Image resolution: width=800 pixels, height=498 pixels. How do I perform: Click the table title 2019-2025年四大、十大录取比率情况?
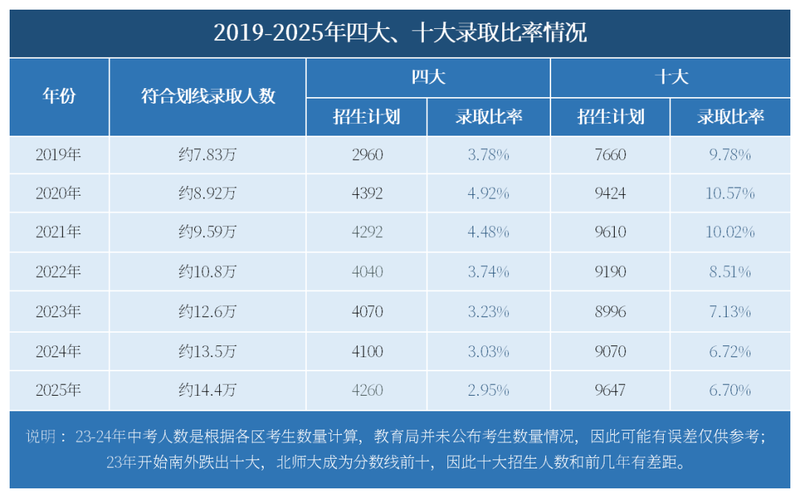400,33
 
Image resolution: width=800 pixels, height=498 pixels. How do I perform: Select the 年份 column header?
59,96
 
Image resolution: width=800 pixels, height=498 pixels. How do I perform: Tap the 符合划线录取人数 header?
208,96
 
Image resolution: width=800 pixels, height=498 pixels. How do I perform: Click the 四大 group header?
428,77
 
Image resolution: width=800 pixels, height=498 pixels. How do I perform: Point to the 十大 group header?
671,77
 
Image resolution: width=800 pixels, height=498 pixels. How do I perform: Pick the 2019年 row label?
59,155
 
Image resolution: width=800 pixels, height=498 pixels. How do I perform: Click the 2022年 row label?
59,272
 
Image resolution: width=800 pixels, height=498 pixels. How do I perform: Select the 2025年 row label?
59,390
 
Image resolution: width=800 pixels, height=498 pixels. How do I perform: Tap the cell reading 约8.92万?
207,193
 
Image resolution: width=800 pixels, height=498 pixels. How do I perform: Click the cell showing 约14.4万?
207,390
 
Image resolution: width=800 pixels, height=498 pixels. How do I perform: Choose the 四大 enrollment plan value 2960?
367,155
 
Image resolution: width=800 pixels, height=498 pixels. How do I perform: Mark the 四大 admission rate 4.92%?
488,193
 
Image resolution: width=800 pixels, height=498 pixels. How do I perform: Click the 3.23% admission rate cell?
488,311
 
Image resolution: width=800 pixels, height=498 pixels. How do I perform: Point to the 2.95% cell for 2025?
488,390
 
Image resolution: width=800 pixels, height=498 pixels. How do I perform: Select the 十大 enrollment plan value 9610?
610,233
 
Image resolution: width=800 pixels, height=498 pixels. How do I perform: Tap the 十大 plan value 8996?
610,311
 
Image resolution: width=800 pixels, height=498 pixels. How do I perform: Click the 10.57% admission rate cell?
730,193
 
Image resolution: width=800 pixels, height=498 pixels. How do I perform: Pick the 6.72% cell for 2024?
730,351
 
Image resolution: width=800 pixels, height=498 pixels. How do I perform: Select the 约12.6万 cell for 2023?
207,311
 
